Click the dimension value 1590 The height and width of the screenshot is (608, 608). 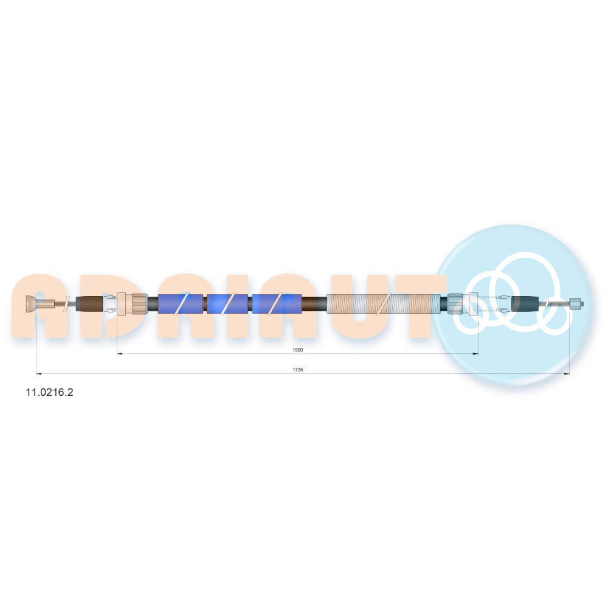click(x=297, y=350)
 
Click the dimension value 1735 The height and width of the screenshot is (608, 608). click(x=297, y=370)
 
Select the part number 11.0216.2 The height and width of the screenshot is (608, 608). click(x=49, y=392)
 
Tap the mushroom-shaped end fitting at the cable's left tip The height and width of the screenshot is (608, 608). click(x=30, y=303)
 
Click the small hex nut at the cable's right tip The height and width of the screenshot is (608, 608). click(x=576, y=303)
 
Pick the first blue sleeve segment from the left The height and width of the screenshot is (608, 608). click(x=181, y=303)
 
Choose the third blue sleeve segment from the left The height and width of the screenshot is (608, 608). click(x=277, y=303)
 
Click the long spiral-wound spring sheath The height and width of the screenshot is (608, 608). click(x=383, y=303)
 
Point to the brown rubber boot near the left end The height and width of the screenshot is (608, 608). click(x=91, y=303)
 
